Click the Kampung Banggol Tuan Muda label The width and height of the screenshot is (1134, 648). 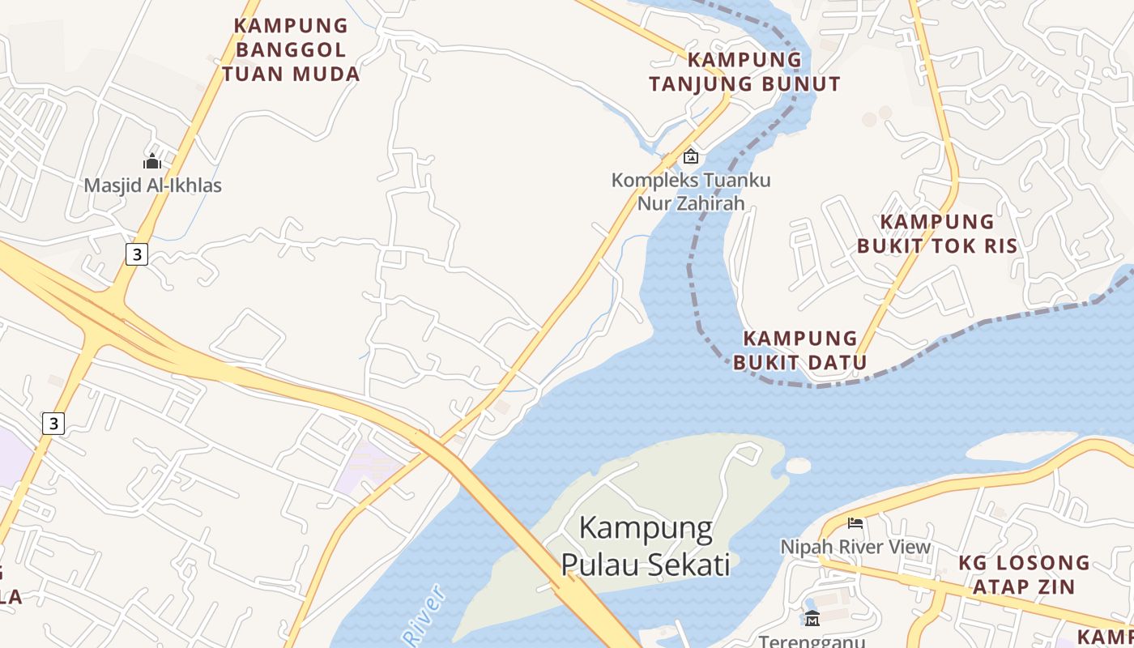tap(291, 49)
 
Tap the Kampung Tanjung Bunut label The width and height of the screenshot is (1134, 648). tap(744, 71)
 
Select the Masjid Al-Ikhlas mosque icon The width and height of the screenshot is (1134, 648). tap(152, 161)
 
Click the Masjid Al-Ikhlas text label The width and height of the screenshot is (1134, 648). tap(153, 185)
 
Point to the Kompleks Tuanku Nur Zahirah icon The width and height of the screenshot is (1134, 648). tap(690, 156)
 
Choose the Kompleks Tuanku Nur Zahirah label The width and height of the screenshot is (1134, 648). tap(691, 191)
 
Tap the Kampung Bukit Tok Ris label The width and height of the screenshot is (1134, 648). tap(936, 233)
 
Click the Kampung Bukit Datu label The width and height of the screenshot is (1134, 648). tap(800, 350)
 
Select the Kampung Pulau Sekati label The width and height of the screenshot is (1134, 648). tap(646, 546)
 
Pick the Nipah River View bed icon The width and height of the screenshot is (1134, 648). tap(855, 522)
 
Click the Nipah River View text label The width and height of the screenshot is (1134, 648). tap(855, 547)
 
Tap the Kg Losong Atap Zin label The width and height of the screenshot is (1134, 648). tap(1024, 573)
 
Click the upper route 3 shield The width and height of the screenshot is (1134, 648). tap(137, 254)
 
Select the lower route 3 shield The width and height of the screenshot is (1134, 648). tap(53, 423)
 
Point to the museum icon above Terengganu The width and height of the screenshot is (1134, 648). tap(812, 618)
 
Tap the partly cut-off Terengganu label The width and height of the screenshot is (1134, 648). tap(812, 641)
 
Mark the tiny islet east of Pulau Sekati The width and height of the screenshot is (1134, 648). tap(798, 466)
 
